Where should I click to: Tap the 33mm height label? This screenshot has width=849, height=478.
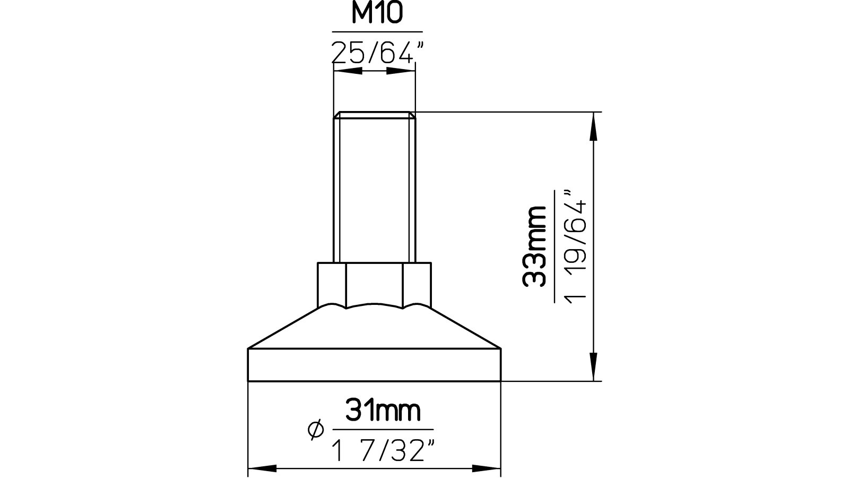(x=535, y=247)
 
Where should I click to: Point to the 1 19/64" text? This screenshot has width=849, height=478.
(x=575, y=246)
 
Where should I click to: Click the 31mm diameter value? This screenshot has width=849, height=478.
(x=383, y=411)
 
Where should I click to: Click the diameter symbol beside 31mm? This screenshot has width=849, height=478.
(x=315, y=430)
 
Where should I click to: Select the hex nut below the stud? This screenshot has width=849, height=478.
(x=374, y=284)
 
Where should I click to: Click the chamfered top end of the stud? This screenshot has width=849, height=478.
(x=374, y=115)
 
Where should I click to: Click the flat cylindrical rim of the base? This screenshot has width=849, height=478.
(x=374, y=364)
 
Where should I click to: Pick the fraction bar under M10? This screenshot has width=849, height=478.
(x=377, y=32)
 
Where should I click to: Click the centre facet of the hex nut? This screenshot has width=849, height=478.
(x=374, y=284)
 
